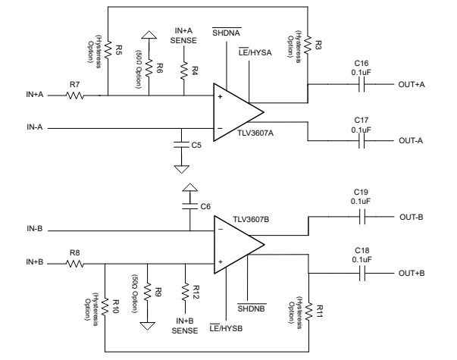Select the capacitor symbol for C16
point(361,85)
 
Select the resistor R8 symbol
point(75,265)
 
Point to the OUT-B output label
point(410,216)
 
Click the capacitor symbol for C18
point(361,273)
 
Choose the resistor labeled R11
point(309,312)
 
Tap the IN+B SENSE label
point(184,327)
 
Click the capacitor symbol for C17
point(361,141)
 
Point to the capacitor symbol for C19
point(361,216)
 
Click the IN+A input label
point(36,96)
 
